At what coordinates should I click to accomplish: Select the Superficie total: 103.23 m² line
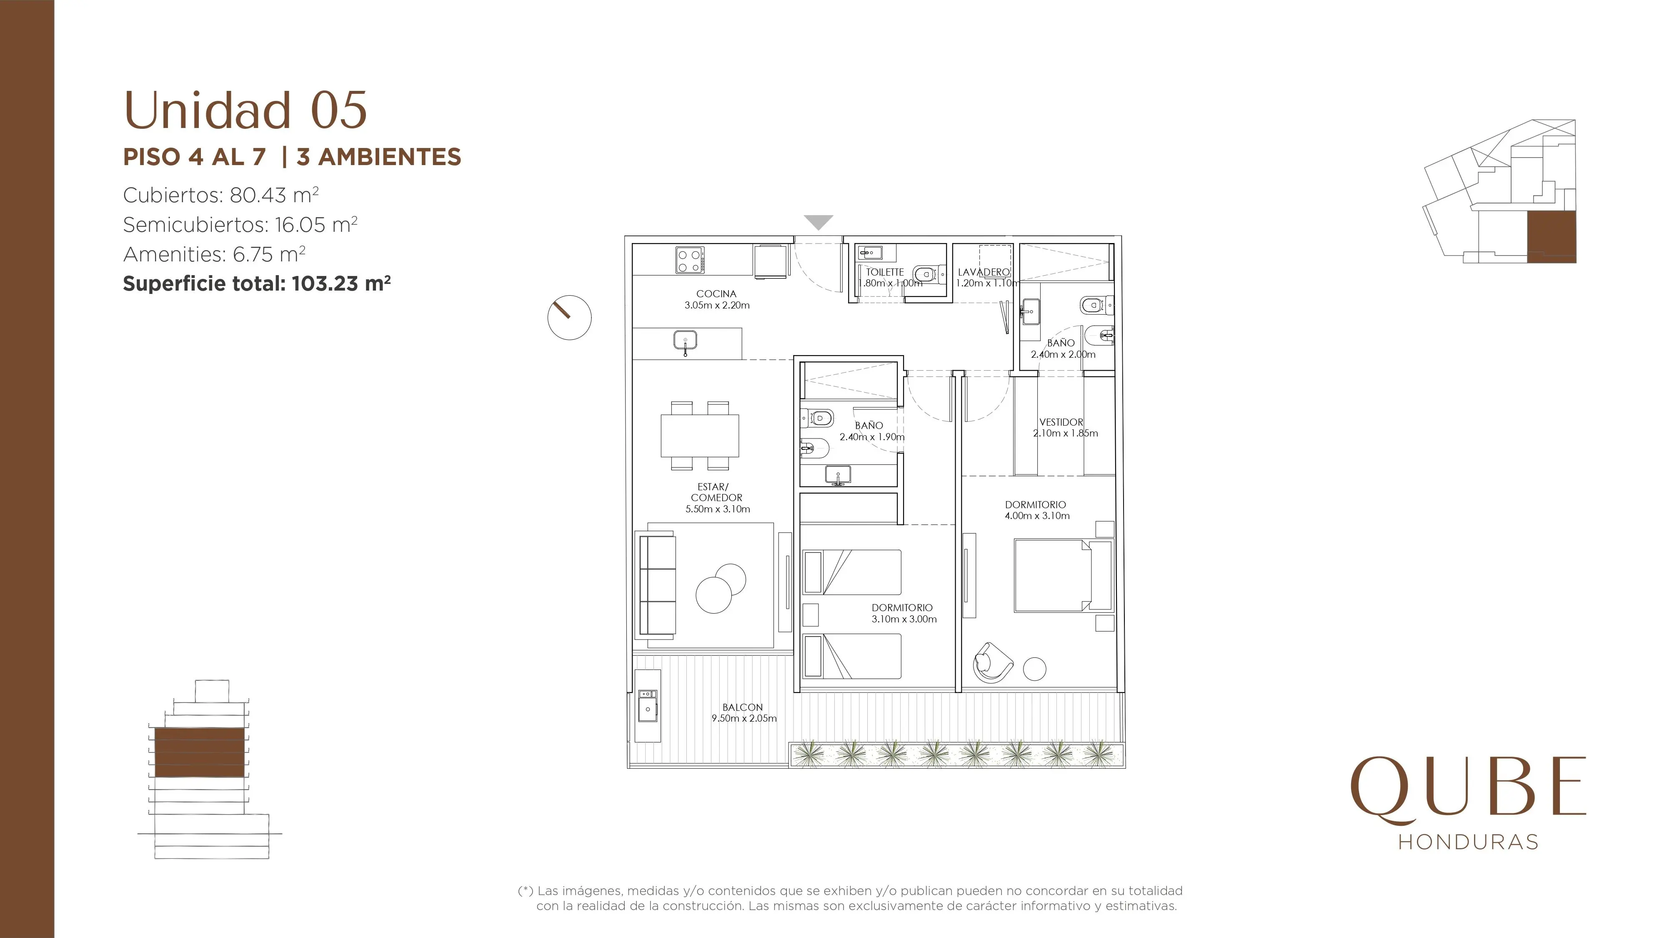(257, 283)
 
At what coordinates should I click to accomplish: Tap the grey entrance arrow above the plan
(818, 223)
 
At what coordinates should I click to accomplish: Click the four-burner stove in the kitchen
(690, 260)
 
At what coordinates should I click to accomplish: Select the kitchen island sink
(685, 341)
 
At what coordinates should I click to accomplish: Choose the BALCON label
(743, 707)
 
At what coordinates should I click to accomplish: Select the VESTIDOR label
(1061, 422)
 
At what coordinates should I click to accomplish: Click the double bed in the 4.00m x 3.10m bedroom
(1063, 575)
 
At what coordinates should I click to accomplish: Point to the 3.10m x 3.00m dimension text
(904, 619)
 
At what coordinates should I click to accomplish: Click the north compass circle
(569, 318)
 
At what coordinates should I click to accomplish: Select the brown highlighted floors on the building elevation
(199, 752)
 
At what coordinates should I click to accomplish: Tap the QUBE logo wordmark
(1468, 790)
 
